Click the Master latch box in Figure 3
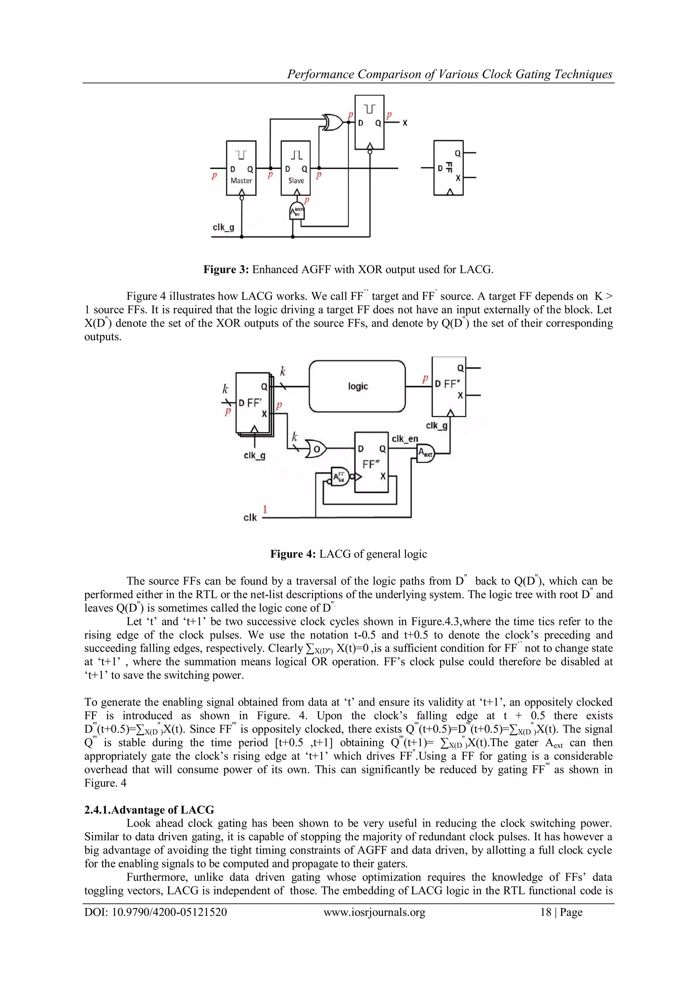click(241, 168)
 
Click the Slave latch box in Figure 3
click(295, 168)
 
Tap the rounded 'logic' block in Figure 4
click(357, 386)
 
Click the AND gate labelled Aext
click(426, 453)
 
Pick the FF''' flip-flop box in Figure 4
click(371, 462)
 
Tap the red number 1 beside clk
click(265, 510)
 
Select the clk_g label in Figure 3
click(223, 227)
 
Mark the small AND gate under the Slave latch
click(296, 210)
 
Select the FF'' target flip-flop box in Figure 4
click(449, 386)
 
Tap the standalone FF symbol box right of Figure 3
click(448, 168)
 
